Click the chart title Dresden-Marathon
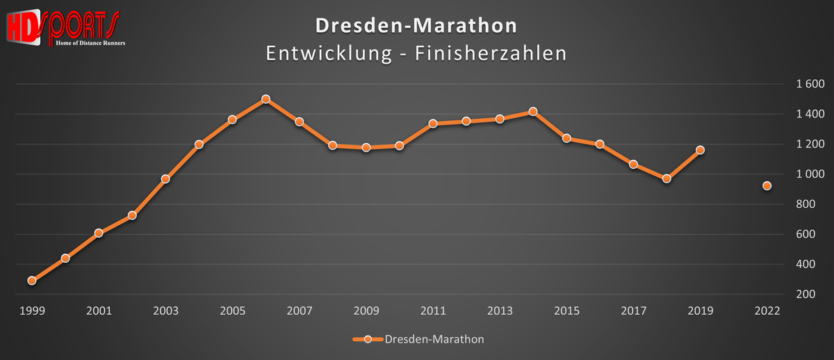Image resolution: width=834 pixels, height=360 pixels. pos(416,26)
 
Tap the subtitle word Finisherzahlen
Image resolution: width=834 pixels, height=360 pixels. pos(491,53)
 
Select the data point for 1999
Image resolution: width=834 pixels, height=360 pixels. pos(32,281)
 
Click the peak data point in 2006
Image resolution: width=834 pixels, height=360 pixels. pos(265,99)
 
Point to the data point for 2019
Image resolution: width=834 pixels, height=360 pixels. pos(701,150)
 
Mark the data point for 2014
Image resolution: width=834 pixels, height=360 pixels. pos(533,111)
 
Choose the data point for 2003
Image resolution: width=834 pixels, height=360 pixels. pos(165,179)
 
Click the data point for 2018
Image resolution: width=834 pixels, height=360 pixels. pos(667,179)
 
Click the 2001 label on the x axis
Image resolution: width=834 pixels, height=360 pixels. pos(99,311)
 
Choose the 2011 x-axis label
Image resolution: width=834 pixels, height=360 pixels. pos(433,311)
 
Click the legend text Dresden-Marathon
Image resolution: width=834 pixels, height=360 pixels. pos(434,339)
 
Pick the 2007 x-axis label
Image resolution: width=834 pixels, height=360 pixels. pos(299,311)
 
